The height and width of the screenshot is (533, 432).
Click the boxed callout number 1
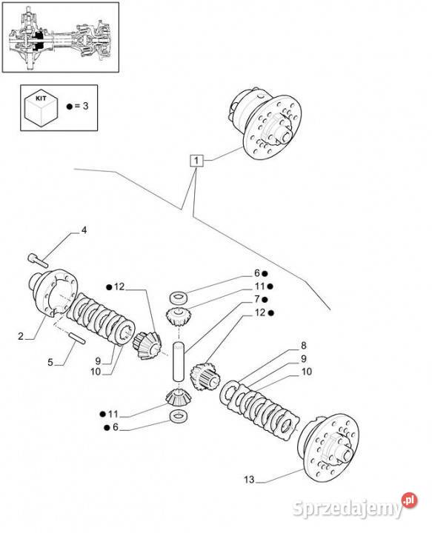click(x=196, y=160)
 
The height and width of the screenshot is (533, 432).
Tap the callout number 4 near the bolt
click(x=84, y=230)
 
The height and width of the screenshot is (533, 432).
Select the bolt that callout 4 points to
click(x=37, y=260)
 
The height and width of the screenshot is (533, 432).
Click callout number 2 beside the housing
click(x=21, y=336)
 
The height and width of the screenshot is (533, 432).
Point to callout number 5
click(x=50, y=362)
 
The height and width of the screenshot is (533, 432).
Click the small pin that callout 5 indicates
click(x=78, y=338)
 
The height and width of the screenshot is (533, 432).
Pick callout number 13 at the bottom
click(x=249, y=480)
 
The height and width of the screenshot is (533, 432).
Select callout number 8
click(x=303, y=346)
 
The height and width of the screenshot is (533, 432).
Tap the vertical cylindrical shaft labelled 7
click(x=179, y=361)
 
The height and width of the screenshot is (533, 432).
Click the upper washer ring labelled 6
click(x=179, y=297)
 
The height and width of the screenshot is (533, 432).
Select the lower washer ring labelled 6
click(x=178, y=416)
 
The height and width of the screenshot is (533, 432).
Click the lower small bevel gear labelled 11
click(x=179, y=398)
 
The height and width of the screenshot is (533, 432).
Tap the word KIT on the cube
click(x=41, y=98)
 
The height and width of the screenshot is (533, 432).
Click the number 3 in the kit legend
click(x=85, y=106)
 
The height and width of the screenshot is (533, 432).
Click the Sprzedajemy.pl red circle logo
click(x=409, y=500)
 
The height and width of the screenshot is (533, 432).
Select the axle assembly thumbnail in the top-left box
click(x=61, y=38)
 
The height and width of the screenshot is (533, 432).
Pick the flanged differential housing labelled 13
click(x=328, y=448)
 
